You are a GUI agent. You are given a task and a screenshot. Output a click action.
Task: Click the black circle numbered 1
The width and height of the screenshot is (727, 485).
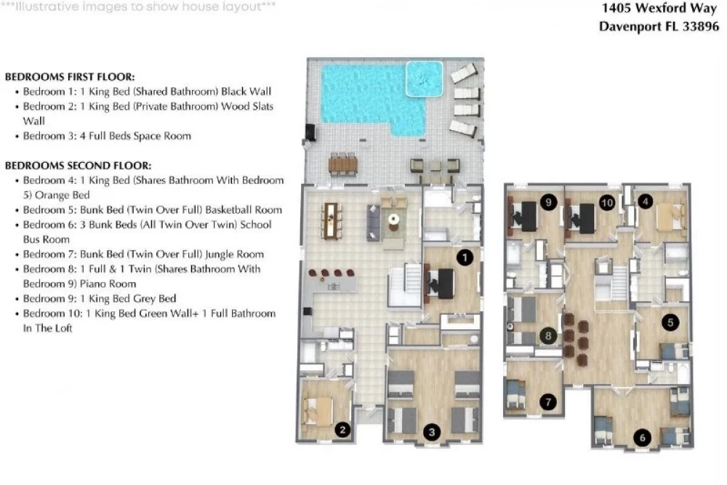tap(465, 258)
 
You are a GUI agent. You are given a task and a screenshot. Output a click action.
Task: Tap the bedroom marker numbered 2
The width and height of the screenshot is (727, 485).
tap(342, 430)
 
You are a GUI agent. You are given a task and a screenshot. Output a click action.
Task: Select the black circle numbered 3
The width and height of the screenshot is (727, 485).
tap(432, 433)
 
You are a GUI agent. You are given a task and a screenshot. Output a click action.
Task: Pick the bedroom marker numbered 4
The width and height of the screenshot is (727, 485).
tap(646, 201)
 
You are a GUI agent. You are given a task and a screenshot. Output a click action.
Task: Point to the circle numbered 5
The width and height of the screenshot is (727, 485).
tap(670, 322)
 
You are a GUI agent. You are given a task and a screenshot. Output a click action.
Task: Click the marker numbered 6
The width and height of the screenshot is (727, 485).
tap(642, 437)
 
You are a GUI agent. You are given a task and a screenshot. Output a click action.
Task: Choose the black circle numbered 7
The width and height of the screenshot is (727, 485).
tap(548, 401)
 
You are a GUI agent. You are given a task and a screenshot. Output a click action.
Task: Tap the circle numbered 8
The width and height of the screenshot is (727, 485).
tap(548, 336)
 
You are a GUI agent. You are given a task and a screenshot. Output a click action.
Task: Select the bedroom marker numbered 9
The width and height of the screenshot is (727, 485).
tap(548, 202)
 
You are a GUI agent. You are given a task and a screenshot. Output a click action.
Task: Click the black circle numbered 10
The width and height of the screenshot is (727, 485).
tap(607, 202)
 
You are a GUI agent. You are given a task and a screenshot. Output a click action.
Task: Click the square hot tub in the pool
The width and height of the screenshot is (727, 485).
tap(424, 79)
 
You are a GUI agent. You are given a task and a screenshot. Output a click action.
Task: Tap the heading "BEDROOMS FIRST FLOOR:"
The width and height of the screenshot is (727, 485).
tap(70, 77)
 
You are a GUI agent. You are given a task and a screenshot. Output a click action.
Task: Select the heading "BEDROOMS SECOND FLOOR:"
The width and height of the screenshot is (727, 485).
tap(79, 166)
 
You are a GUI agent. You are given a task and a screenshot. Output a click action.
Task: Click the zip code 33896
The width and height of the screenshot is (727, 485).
tap(701, 26)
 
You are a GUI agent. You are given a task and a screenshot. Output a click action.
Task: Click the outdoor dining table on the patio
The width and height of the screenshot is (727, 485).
tap(343, 164)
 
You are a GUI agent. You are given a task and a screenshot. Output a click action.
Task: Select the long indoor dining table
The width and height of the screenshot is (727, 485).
tap(331, 221)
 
